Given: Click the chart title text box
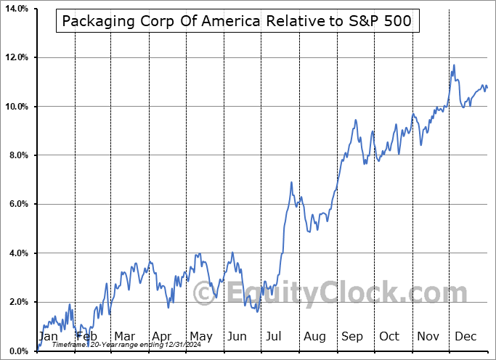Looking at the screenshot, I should [237, 21].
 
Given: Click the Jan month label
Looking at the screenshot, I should [48, 336].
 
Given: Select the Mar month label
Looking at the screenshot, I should [125, 336].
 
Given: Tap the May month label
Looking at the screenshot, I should [200, 336].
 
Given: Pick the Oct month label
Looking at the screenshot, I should [389, 336].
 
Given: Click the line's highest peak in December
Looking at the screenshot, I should [454, 65].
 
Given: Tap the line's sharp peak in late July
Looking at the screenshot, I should [291, 182].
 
